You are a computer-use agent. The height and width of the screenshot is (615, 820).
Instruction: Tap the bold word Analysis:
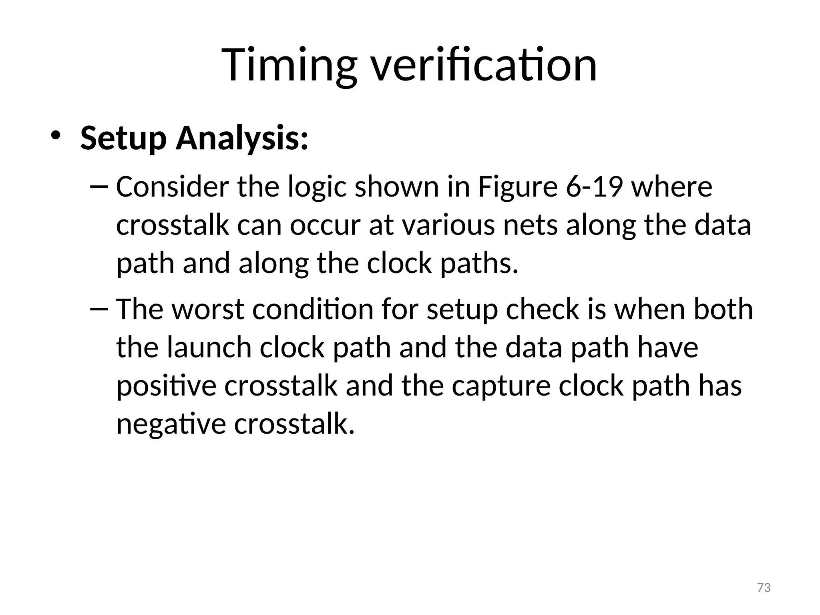pos(242,138)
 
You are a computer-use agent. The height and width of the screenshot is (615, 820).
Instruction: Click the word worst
pos(208,310)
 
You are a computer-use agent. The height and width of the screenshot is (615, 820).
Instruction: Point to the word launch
pos(209,348)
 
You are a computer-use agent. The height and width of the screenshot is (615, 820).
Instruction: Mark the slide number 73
pos(764,588)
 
